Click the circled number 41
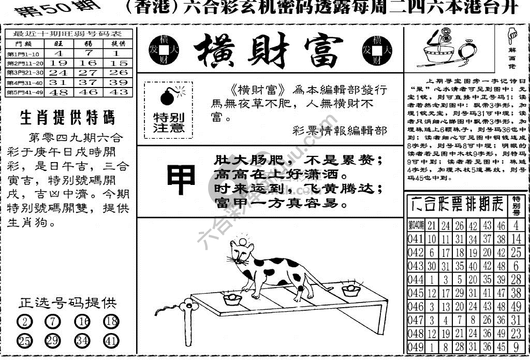pos(111,341)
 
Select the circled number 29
pos(52,341)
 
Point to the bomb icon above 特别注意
pos(169,96)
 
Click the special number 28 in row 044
pos(516,280)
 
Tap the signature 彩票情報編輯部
pos(339,131)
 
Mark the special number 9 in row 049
pos(516,348)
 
